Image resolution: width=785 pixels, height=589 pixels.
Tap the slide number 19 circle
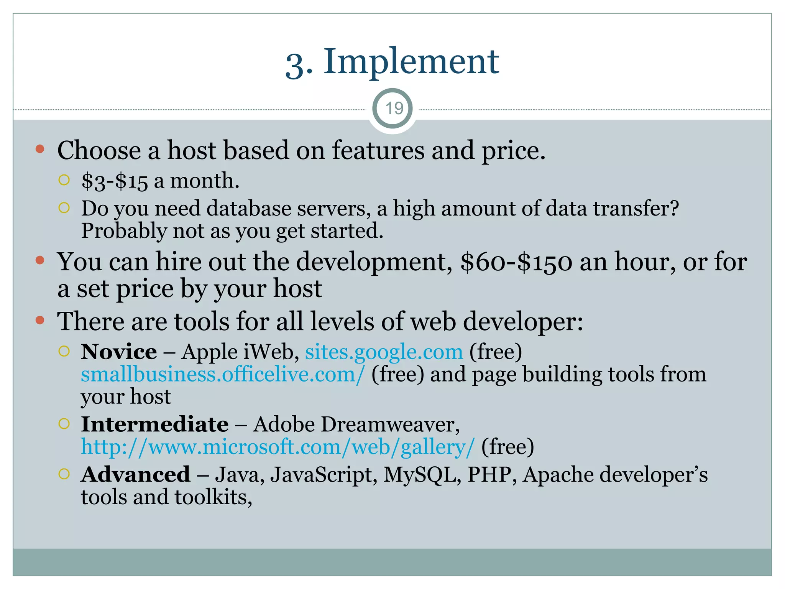pos(393,109)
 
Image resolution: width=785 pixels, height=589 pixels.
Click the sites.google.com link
pos(384,352)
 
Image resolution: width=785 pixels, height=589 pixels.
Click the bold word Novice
pos(119,352)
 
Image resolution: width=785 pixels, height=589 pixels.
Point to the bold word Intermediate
pos(155,424)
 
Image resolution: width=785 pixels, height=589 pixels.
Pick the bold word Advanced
pos(136,475)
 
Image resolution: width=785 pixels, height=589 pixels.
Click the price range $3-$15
pos(114,181)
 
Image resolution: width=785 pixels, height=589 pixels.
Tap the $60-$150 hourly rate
pos(516,262)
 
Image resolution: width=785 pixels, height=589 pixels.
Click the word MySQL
pos(422,475)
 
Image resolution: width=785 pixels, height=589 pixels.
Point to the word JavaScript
pos(321,475)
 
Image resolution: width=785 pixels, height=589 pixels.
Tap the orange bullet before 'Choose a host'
pos(40,149)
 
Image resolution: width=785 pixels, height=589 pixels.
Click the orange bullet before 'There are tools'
pos(40,320)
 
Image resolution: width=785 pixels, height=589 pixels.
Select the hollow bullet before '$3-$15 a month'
pos(64,180)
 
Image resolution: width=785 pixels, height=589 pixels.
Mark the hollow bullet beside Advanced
pos(64,474)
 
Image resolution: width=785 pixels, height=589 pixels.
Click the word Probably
pos(124,231)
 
